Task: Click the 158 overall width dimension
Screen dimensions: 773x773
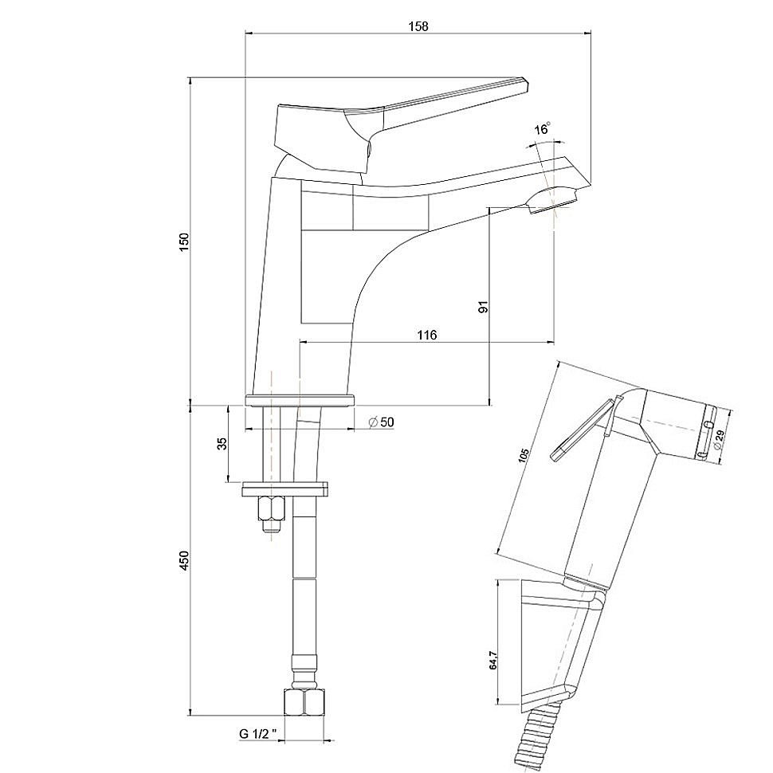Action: click(x=418, y=26)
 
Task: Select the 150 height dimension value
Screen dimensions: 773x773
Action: click(x=183, y=242)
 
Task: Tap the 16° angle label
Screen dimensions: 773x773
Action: click(x=542, y=129)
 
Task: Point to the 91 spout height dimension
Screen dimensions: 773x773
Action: click(x=482, y=307)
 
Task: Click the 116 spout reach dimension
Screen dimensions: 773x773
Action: click(x=426, y=335)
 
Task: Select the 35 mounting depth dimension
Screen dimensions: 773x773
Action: click(x=222, y=443)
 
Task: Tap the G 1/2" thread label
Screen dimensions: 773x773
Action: click(x=257, y=732)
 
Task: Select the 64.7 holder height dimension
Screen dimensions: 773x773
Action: click(x=492, y=661)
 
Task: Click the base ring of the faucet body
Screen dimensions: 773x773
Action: click(x=299, y=399)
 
